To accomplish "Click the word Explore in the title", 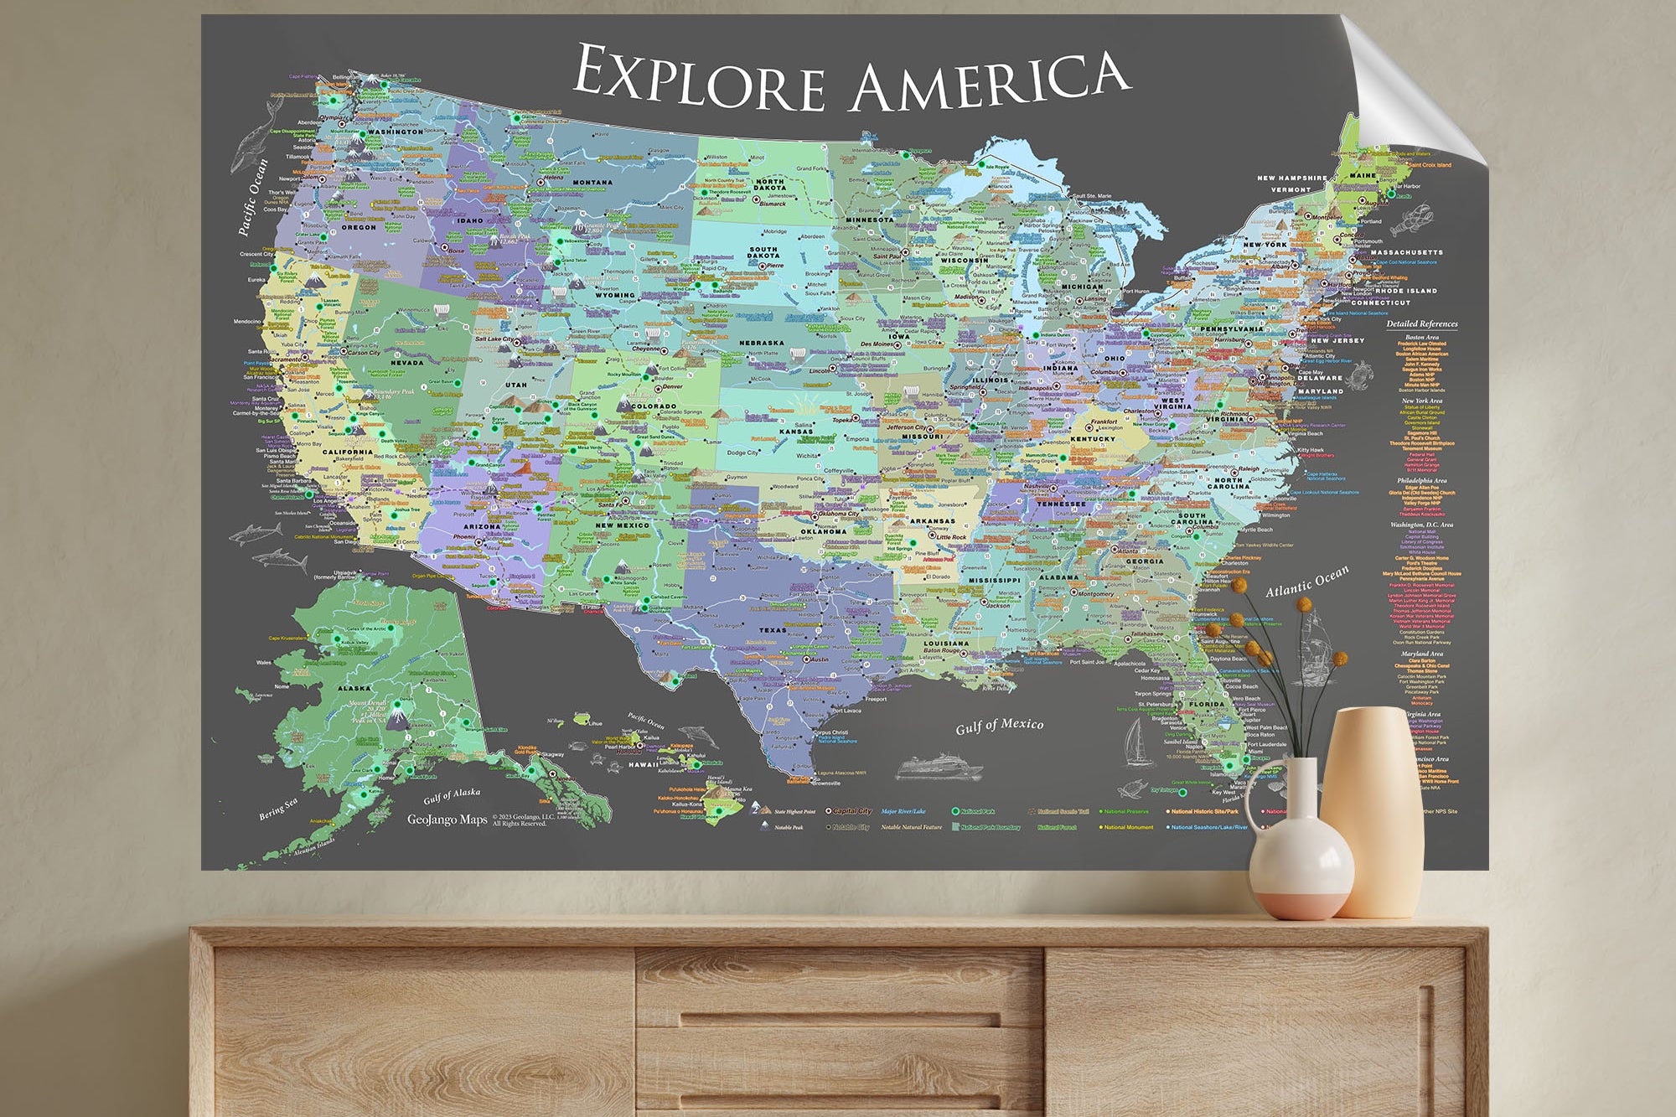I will (x=700, y=77).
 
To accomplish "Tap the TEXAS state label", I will (x=772, y=630).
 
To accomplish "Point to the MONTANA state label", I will (x=592, y=182).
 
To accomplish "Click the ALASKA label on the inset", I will (x=354, y=688).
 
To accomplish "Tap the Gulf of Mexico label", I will (x=1000, y=726).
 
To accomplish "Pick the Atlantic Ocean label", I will (x=1306, y=581).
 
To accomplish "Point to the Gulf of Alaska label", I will (x=452, y=794).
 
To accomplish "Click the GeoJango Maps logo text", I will (x=447, y=820).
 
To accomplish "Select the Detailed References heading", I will (x=1421, y=323).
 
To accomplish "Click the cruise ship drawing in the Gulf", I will (x=939, y=767).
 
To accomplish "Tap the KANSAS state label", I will (x=795, y=432).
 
